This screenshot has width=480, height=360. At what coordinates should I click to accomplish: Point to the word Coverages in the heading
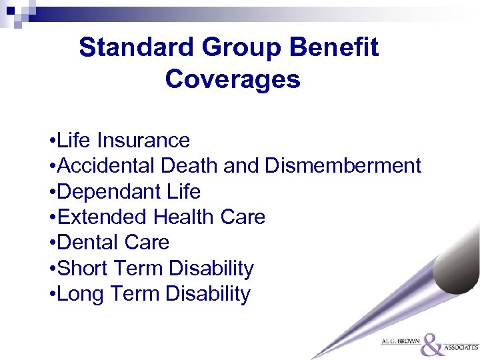[233, 79]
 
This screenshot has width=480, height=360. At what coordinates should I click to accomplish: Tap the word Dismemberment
[343, 166]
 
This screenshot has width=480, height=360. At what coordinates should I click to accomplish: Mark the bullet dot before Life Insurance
[52, 141]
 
